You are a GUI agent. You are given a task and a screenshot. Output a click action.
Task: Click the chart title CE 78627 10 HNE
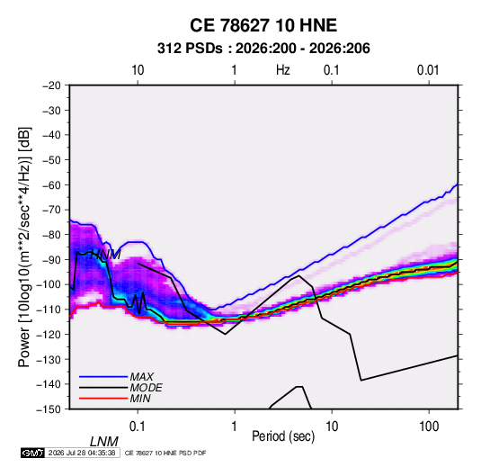click(x=263, y=25)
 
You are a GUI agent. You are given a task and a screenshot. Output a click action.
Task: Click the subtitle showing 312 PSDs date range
click(x=263, y=49)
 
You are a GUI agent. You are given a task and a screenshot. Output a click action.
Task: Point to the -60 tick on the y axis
click(x=51, y=184)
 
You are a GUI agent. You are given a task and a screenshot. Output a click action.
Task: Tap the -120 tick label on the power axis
click(x=49, y=335)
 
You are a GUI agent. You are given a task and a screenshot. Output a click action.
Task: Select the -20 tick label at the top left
click(x=51, y=85)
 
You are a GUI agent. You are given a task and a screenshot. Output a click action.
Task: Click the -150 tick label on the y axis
click(x=49, y=409)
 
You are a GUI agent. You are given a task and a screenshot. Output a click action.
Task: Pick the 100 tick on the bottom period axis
click(x=429, y=426)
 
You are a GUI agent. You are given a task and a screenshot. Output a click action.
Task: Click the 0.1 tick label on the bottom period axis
click(x=138, y=426)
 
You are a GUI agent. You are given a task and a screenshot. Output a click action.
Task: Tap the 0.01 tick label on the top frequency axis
click(x=428, y=70)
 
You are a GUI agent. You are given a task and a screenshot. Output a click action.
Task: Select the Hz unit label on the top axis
click(x=283, y=70)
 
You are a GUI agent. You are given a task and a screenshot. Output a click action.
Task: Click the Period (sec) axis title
click(x=283, y=436)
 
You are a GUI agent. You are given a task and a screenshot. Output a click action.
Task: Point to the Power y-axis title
click(x=24, y=247)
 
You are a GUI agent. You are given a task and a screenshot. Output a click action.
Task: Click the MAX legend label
click(x=141, y=377)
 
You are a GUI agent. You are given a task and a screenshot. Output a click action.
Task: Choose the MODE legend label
click(x=146, y=388)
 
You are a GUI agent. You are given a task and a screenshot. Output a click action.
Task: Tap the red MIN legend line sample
click(x=103, y=399)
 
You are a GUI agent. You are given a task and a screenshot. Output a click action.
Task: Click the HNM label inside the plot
click(x=105, y=255)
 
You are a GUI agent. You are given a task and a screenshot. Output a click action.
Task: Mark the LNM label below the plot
click(x=103, y=442)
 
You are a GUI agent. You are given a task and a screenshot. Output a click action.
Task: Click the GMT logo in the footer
click(x=32, y=453)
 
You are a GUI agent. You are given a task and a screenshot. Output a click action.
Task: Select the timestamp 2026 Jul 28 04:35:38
click(x=82, y=453)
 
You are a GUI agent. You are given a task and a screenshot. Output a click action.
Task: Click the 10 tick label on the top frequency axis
click(x=138, y=70)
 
